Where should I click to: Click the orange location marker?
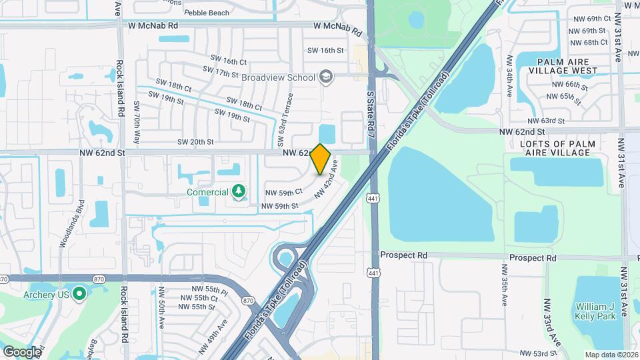click(x=320, y=159)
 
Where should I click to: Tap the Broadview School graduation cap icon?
click(x=325, y=77)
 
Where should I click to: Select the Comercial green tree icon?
click(x=239, y=192)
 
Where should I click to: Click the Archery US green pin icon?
click(x=79, y=293)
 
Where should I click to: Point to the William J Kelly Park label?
click(x=595, y=312)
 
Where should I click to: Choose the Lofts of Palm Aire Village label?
click(x=555, y=148)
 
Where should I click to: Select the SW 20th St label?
click(x=195, y=141)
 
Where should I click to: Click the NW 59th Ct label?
click(x=284, y=192)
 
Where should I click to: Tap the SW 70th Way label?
click(x=137, y=123)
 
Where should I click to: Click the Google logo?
click(x=21, y=351)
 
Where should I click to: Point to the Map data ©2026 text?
click(x=611, y=355)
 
